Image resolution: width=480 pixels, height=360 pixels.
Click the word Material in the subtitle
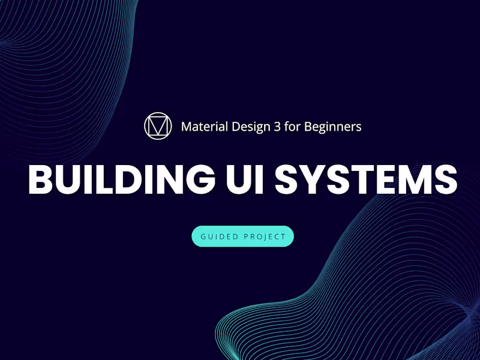(x=203, y=127)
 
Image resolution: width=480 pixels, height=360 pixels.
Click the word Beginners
(x=333, y=127)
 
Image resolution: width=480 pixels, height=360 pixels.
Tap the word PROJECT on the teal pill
(x=265, y=236)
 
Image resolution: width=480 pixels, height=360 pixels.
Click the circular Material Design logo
(x=158, y=126)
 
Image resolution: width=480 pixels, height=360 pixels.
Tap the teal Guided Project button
(x=242, y=236)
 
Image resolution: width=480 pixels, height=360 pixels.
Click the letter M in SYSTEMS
(x=418, y=178)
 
